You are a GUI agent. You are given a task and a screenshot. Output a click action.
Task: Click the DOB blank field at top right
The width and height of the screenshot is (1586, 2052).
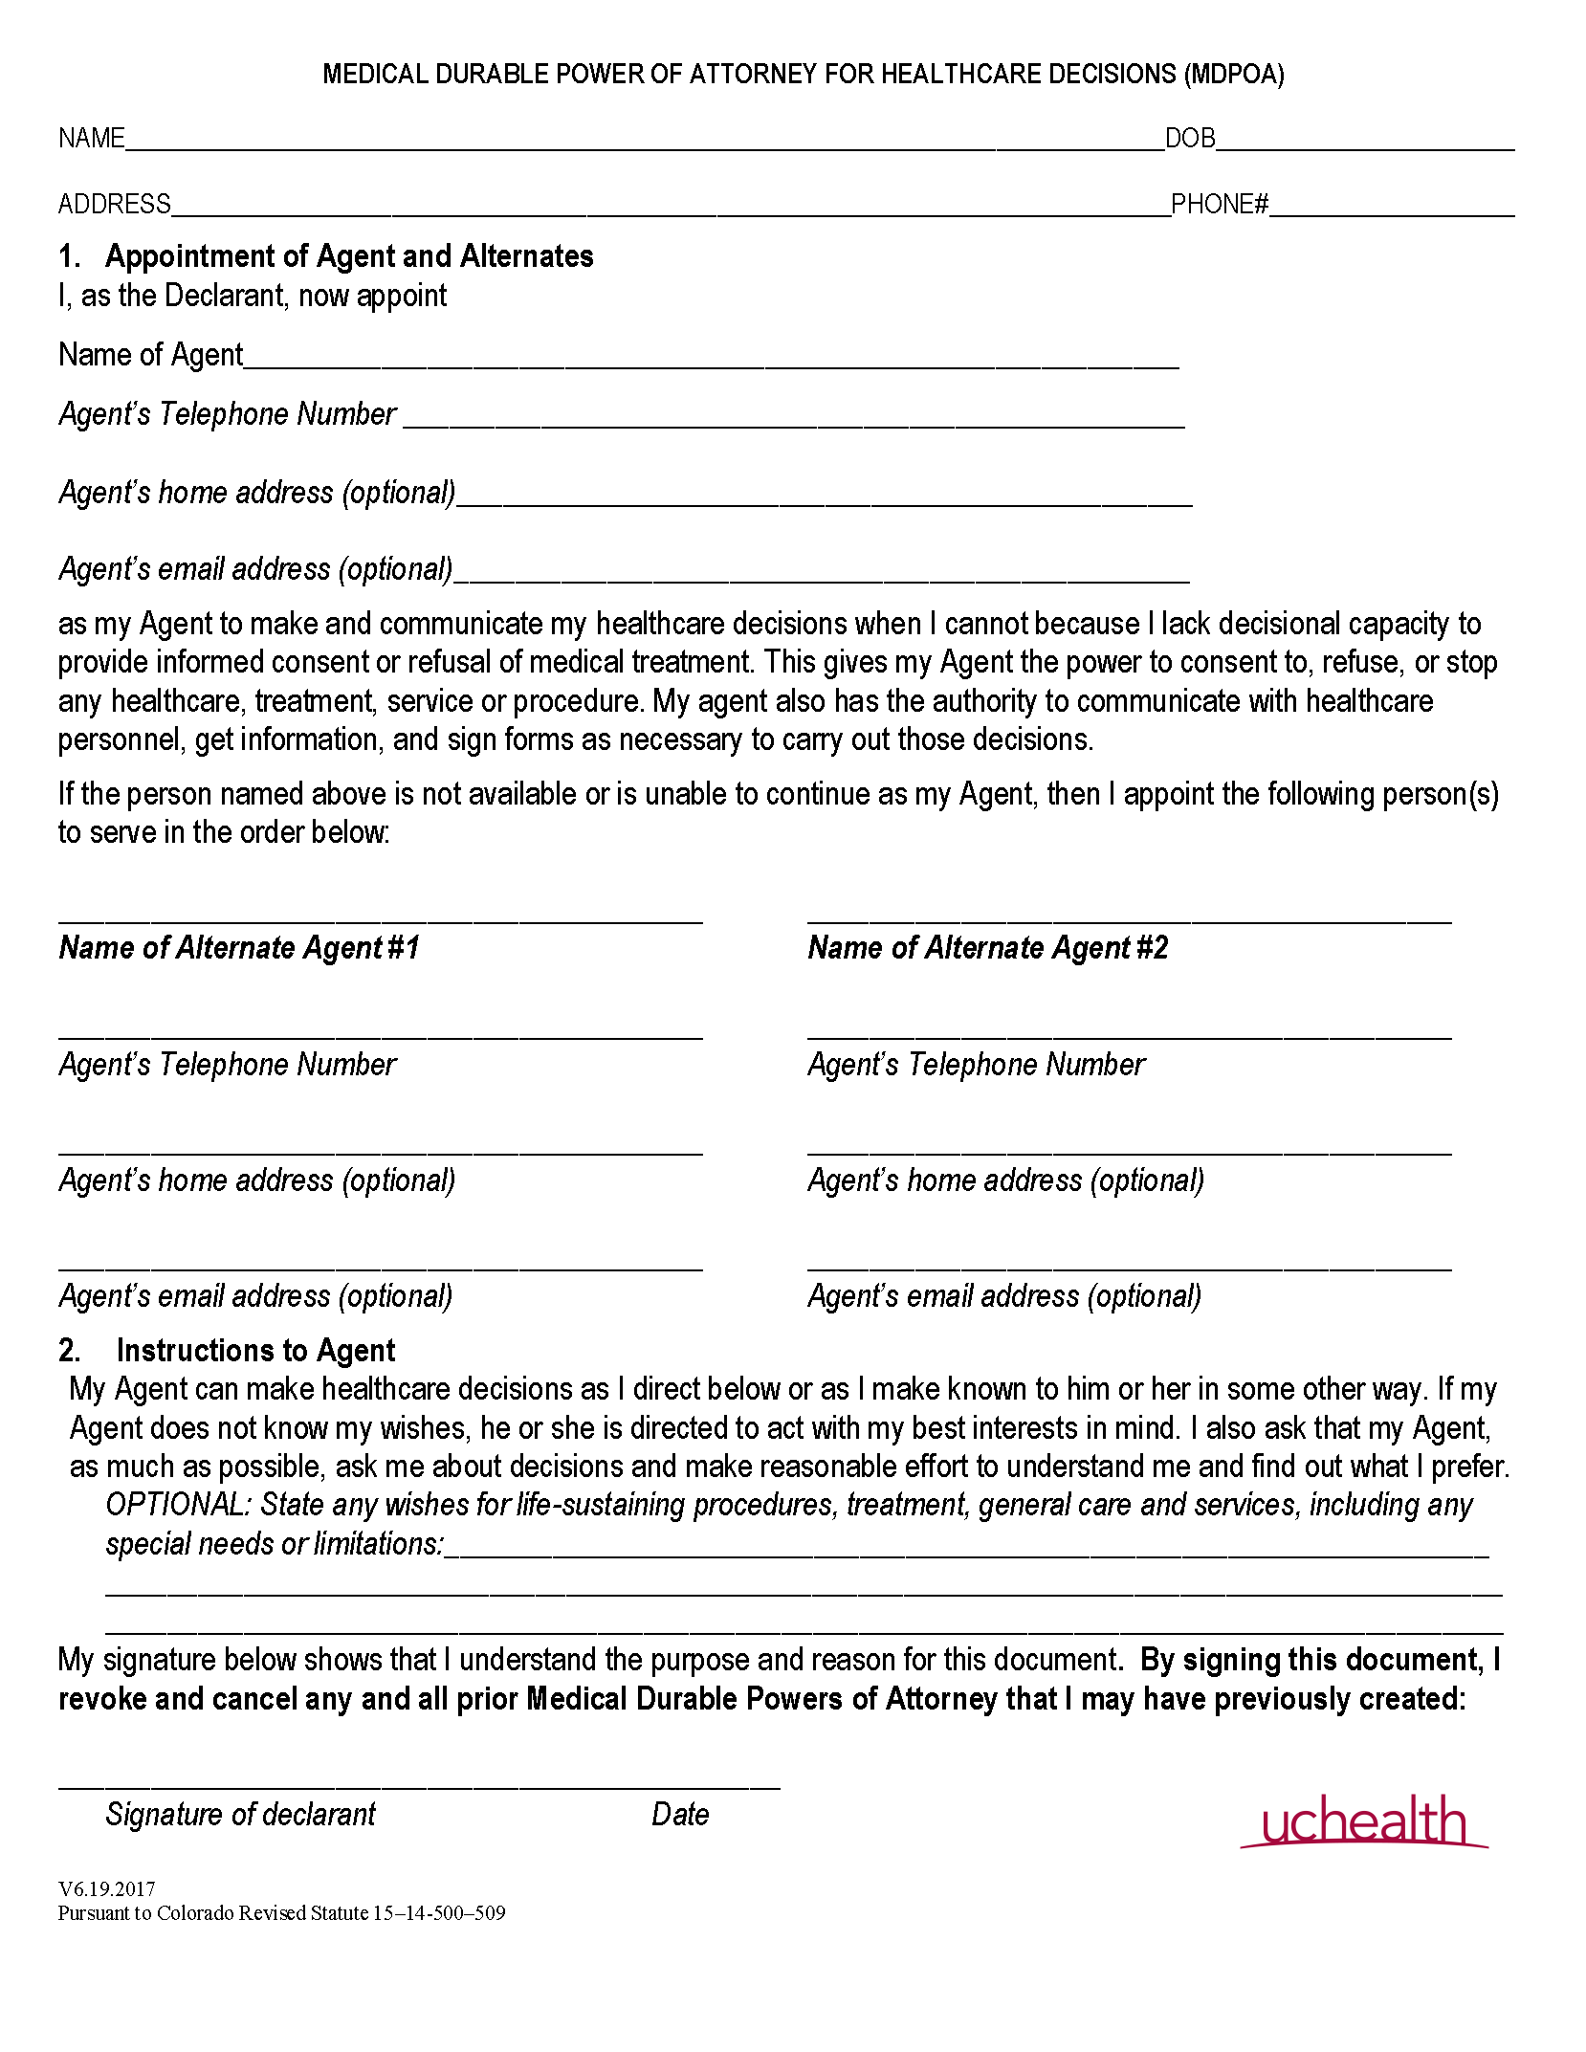click(x=1365, y=142)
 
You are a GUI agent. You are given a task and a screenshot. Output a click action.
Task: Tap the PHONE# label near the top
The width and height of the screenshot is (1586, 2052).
click(x=1219, y=204)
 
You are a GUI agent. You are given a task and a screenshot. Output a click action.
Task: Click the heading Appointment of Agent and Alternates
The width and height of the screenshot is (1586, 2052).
click(x=349, y=256)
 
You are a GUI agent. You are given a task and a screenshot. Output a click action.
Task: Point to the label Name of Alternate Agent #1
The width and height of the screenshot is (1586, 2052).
click(x=239, y=947)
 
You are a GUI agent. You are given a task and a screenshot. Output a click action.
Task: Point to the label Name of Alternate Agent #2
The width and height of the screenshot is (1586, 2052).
click(x=988, y=947)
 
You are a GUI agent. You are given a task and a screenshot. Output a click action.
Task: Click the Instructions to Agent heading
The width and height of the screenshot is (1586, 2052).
click(x=254, y=1350)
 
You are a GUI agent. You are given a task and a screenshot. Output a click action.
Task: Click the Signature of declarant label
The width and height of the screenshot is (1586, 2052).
click(x=240, y=1814)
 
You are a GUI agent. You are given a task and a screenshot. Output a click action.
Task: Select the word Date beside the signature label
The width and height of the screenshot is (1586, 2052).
click(x=680, y=1814)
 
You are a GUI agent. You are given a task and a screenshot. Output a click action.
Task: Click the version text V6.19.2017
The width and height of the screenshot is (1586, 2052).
click(x=106, y=1888)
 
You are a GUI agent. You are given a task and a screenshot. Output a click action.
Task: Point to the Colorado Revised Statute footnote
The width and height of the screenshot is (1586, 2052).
click(x=281, y=1912)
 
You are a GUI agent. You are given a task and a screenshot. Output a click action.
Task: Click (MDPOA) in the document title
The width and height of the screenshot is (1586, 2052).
click(x=1234, y=75)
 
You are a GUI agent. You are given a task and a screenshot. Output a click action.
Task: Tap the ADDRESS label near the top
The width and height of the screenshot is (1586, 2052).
click(x=114, y=204)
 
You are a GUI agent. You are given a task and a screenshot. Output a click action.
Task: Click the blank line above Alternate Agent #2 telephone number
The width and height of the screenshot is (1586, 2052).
click(x=1129, y=1031)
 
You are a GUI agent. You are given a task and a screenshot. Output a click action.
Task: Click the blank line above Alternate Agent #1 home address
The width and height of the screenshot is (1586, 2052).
click(x=380, y=1147)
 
